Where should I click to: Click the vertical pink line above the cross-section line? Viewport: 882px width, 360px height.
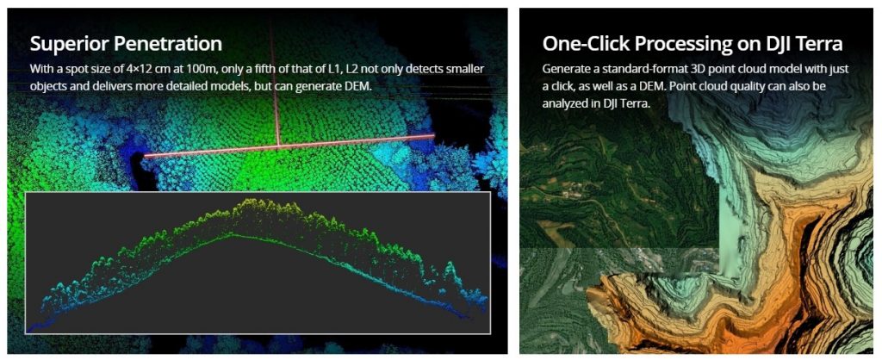click(276, 84)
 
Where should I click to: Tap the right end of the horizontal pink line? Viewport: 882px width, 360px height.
click(434, 135)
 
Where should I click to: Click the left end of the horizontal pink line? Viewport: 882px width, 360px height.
click(145, 156)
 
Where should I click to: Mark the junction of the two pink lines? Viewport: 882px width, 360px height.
click(278, 146)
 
